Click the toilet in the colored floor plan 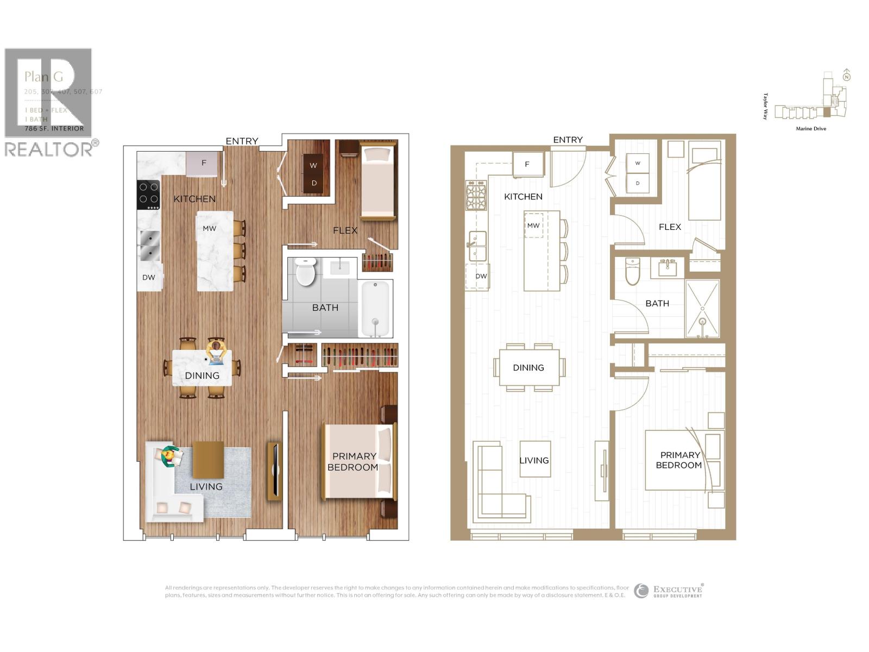click(x=306, y=272)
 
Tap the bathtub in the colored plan click(x=375, y=309)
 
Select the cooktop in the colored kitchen click(x=148, y=195)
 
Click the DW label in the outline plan click(x=481, y=276)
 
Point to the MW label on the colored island click(x=210, y=229)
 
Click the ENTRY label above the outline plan click(x=568, y=140)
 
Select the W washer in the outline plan click(x=638, y=163)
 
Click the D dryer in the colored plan click(x=314, y=183)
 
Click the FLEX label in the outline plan click(x=670, y=227)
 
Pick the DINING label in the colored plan click(x=202, y=375)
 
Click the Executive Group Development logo click(x=669, y=591)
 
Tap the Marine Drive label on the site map click(x=811, y=129)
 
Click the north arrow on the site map click(x=846, y=76)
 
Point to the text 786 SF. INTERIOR click(x=54, y=129)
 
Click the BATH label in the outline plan click(x=657, y=303)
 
